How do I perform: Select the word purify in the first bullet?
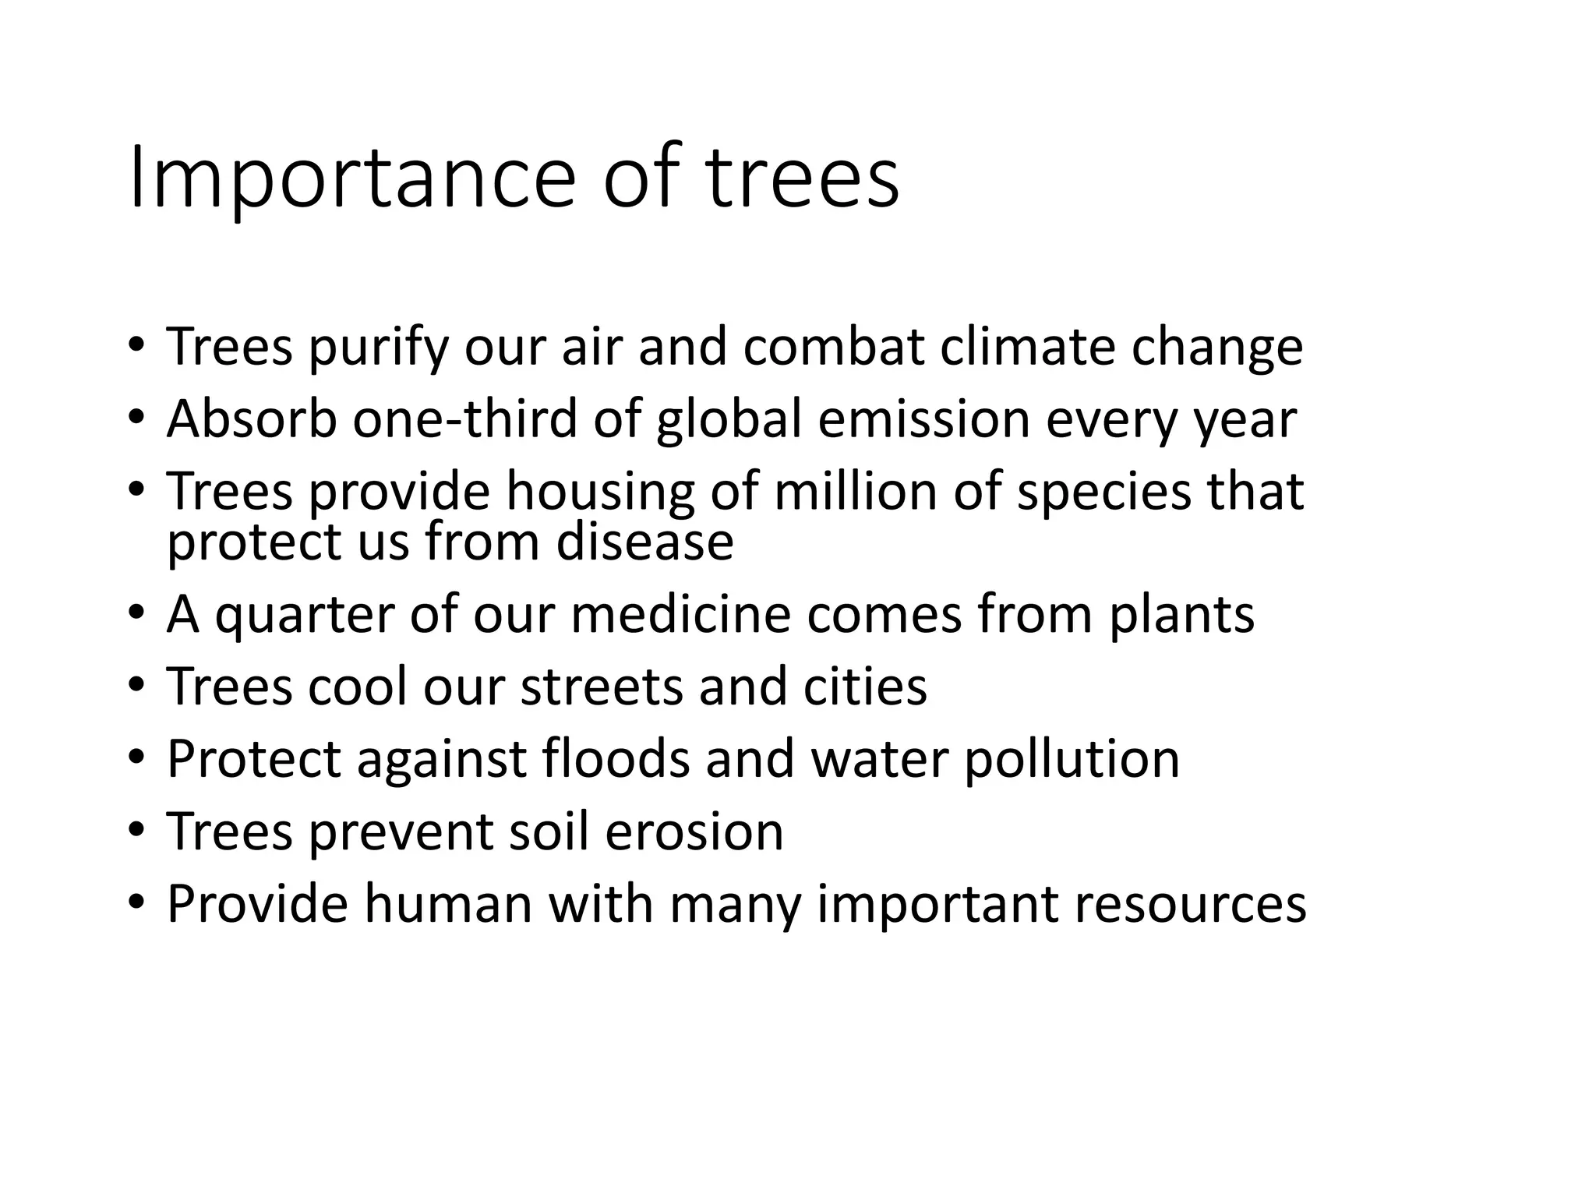[x=379, y=348]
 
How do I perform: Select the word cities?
[x=865, y=687]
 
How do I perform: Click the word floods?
[x=616, y=758]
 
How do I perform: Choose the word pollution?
[x=1072, y=760]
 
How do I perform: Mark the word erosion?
[x=694, y=831]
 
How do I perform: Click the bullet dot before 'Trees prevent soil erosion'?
[x=136, y=831]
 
